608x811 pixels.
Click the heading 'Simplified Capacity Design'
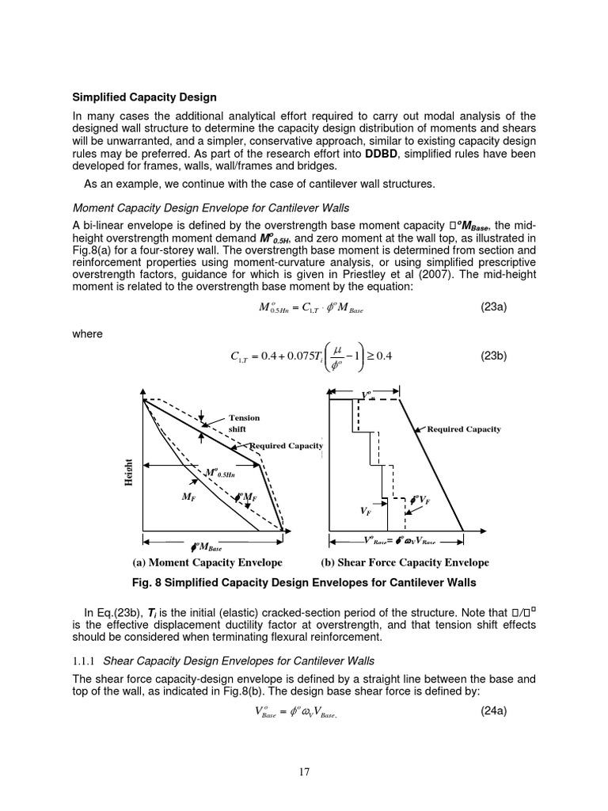coord(145,97)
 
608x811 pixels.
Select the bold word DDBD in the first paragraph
coord(382,154)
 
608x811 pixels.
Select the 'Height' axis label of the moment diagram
coord(127,474)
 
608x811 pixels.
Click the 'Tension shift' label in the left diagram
coord(244,423)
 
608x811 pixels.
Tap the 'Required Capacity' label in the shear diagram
coord(464,429)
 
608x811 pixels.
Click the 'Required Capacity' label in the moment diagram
coord(287,446)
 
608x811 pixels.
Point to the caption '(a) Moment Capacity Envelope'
coord(207,563)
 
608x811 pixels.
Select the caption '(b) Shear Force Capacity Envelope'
coord(405,563)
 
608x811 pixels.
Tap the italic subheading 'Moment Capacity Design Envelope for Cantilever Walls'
coord(211,208)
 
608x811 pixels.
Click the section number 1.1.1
coord(85,661)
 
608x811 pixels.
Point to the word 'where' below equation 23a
coord(87,334)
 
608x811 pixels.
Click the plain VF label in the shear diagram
coord(366,512)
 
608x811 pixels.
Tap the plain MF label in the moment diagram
coord(188,497)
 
